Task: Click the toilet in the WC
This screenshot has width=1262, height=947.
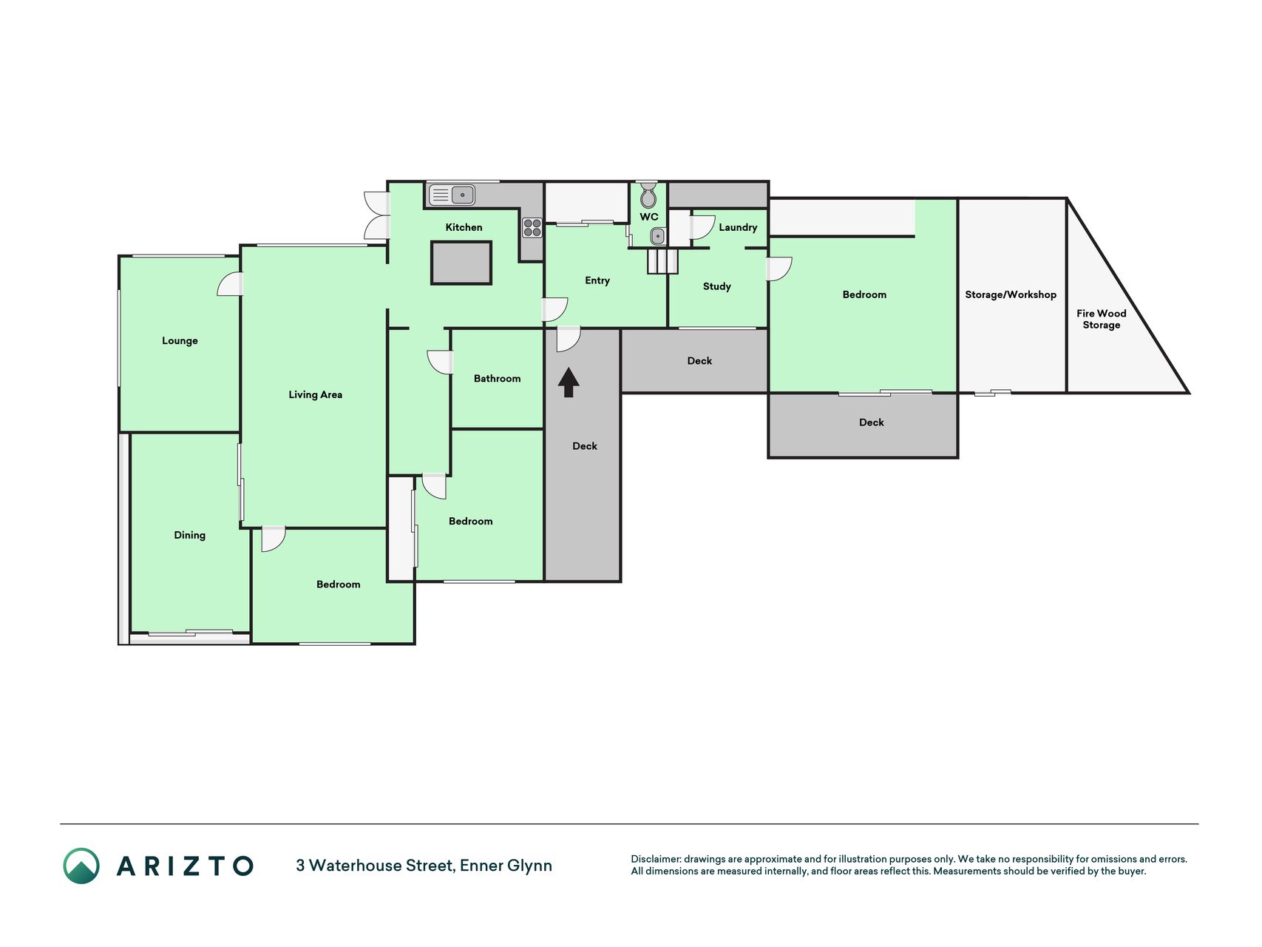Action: [648, 195]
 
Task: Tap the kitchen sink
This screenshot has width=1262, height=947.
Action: [452, 195]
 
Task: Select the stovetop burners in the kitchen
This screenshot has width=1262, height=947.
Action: [532, 227]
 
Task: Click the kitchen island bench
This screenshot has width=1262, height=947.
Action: [461, 263]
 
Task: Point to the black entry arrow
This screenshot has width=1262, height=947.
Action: [569, 382]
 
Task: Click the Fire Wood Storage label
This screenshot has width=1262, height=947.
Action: [1102, 319]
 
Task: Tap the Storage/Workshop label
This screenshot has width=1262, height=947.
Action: [1011, 294]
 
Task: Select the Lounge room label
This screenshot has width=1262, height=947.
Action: [180, 340]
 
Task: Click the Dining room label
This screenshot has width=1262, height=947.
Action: [189, 535]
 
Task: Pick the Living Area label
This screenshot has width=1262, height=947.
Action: [316, 394]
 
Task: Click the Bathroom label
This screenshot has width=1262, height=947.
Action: [497, 378]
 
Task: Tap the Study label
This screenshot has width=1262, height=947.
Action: [717, 286]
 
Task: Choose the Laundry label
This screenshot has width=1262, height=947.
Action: [738, 227]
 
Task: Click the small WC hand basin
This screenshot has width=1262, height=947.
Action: [658, 236]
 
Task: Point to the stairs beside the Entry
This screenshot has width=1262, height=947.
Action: [662, 261]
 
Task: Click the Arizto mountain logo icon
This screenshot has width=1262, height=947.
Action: [81, 866]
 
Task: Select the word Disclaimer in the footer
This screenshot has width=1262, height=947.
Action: [656, 859]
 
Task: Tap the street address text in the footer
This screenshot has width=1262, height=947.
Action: [424, 866]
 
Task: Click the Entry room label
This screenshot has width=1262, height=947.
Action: [597, 280]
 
